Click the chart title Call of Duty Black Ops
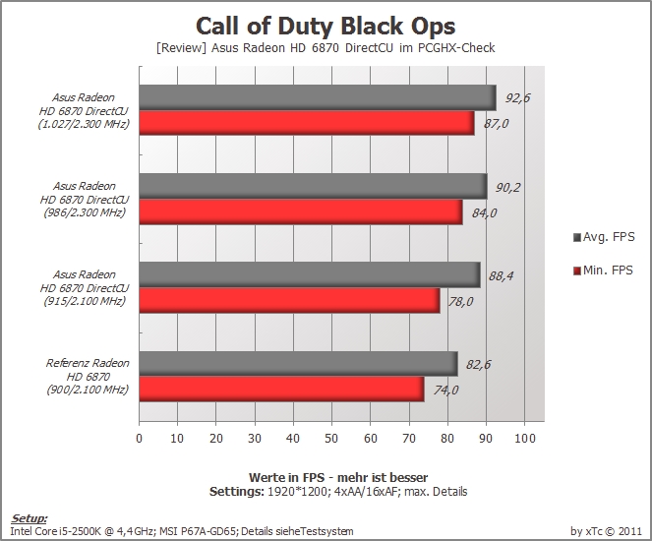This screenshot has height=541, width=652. pyautogui.click(x=326, y=27)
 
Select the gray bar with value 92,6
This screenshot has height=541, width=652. pyautogui.click(x=318, y=98)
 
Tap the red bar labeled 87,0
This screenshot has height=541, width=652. pyautogui.click(x=307, y=123)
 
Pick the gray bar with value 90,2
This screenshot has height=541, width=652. pyautogui.click(x=313, y=186)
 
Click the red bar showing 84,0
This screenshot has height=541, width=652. pyautogui.click(x=301, y=212)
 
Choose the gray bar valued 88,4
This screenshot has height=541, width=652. pyautogui.click(x=310, y=274)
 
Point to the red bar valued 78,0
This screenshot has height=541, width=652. pyautogui.click(x=289, y=301)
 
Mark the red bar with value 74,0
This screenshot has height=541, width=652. pyautogui.click(x=281, y=390)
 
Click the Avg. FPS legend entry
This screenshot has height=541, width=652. pyautogui.click(x=604, y=237)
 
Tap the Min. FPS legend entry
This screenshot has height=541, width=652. pyautogui.click(x=603, y=270)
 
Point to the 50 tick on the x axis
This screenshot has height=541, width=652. pyautogui.click(x=331, y=439)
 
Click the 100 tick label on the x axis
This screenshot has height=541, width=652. pyautogui.click(x=525, y=439)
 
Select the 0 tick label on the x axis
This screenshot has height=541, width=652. pyautogui.click(x=140, y=439)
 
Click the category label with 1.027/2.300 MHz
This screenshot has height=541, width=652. pyautogui.click(x=84, y=110)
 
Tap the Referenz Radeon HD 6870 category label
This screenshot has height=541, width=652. pyautogui.click(x=88, y=377)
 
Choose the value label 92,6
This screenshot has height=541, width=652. pyautogui.click(x=517, y=98)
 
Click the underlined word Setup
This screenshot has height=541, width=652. pyautogui.click(x=29, y=518)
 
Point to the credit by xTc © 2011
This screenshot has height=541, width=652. pyautogui.click(x=606, y=531)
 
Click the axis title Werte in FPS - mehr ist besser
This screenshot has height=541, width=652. pyautogui.click(x=338, y=477)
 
